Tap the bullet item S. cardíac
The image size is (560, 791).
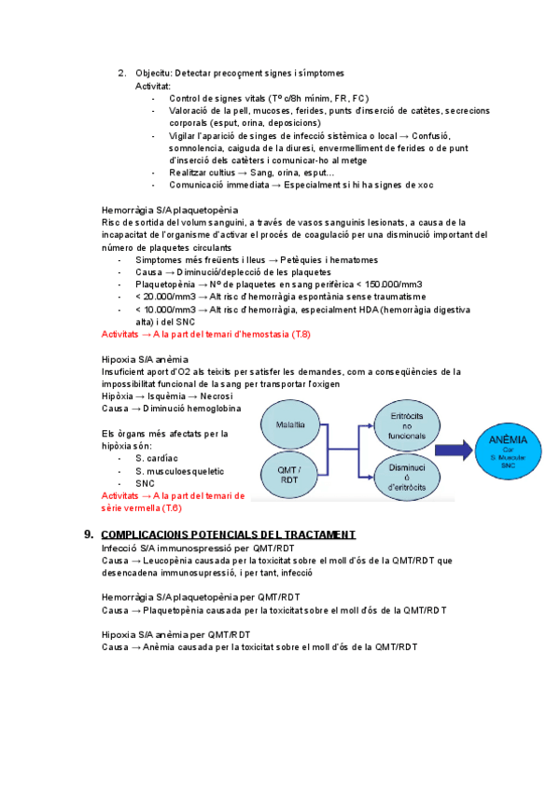pyautogui.click(x=159, y=458)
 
